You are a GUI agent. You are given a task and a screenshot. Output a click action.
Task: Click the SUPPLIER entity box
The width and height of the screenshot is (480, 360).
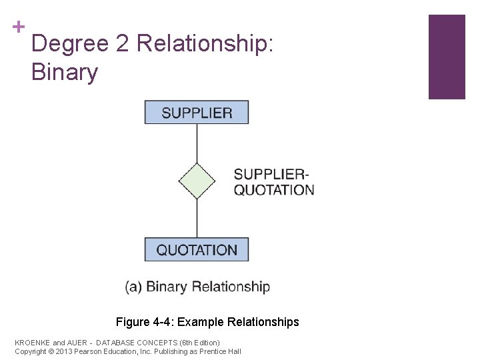197,112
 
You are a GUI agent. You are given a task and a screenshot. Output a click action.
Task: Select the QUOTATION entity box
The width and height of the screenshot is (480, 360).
197,250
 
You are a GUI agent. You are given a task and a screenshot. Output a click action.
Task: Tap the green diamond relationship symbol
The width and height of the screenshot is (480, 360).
197,181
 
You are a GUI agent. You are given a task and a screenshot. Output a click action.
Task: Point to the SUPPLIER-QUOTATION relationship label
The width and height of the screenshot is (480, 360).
273,182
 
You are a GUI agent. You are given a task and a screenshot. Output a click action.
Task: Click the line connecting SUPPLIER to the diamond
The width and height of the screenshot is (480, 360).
197,143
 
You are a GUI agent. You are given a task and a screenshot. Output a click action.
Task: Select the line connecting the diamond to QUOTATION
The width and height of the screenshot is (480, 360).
197,218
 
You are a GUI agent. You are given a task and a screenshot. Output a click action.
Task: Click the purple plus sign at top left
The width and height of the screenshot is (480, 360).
18,27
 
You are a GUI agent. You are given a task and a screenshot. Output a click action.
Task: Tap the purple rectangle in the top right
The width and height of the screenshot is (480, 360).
446,57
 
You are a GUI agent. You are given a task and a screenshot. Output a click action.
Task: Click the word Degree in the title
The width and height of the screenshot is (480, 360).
70,44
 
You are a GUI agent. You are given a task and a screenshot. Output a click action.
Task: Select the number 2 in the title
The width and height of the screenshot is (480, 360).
122,44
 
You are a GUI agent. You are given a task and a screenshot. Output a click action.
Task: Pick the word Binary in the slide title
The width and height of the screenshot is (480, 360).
64,72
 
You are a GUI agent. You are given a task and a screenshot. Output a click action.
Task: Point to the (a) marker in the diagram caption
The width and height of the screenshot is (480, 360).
133,287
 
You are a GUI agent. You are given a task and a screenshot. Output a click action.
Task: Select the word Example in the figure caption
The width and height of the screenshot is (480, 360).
201,322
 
